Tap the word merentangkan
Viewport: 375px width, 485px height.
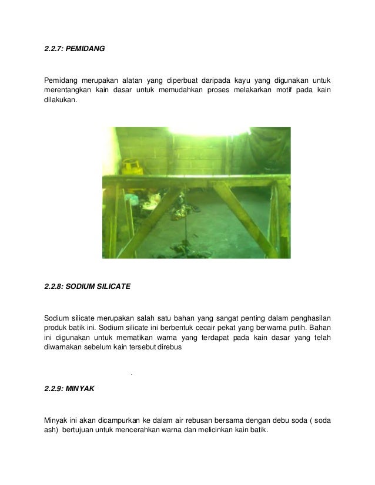[x=67, y=89]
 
